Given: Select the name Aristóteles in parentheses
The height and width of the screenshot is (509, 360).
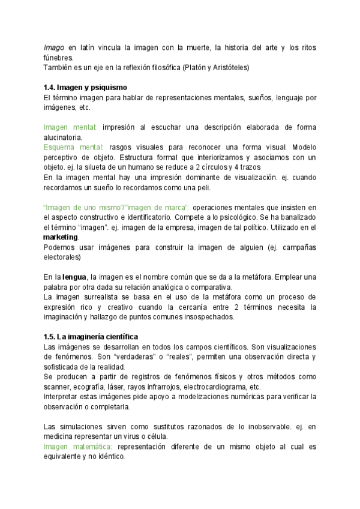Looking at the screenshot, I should click(x=228, y=67).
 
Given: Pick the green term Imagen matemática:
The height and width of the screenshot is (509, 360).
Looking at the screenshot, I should click(x=78, y=447).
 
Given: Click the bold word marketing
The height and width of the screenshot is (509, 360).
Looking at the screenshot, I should click(x=61, y=237).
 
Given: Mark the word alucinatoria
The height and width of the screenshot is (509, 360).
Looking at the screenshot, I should click(x=64, y=137).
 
